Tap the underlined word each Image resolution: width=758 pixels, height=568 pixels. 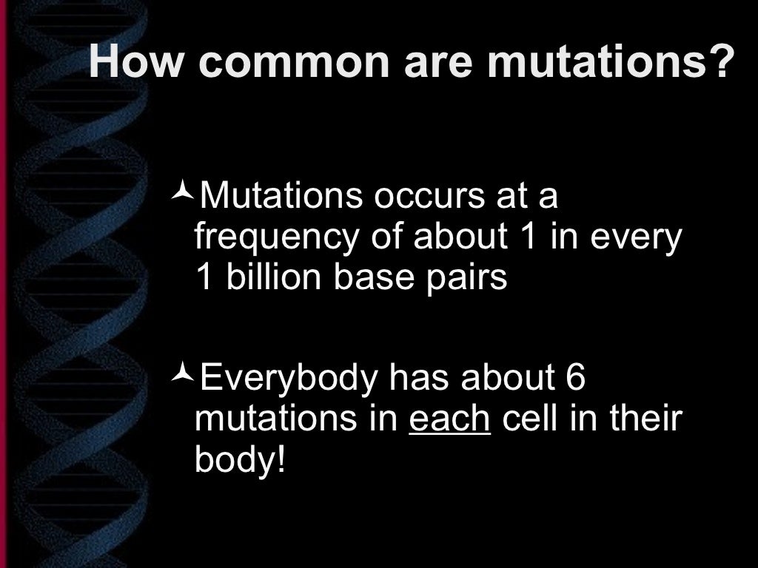tap(449, 419)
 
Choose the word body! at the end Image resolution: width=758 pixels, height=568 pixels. tap(239, 461)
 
